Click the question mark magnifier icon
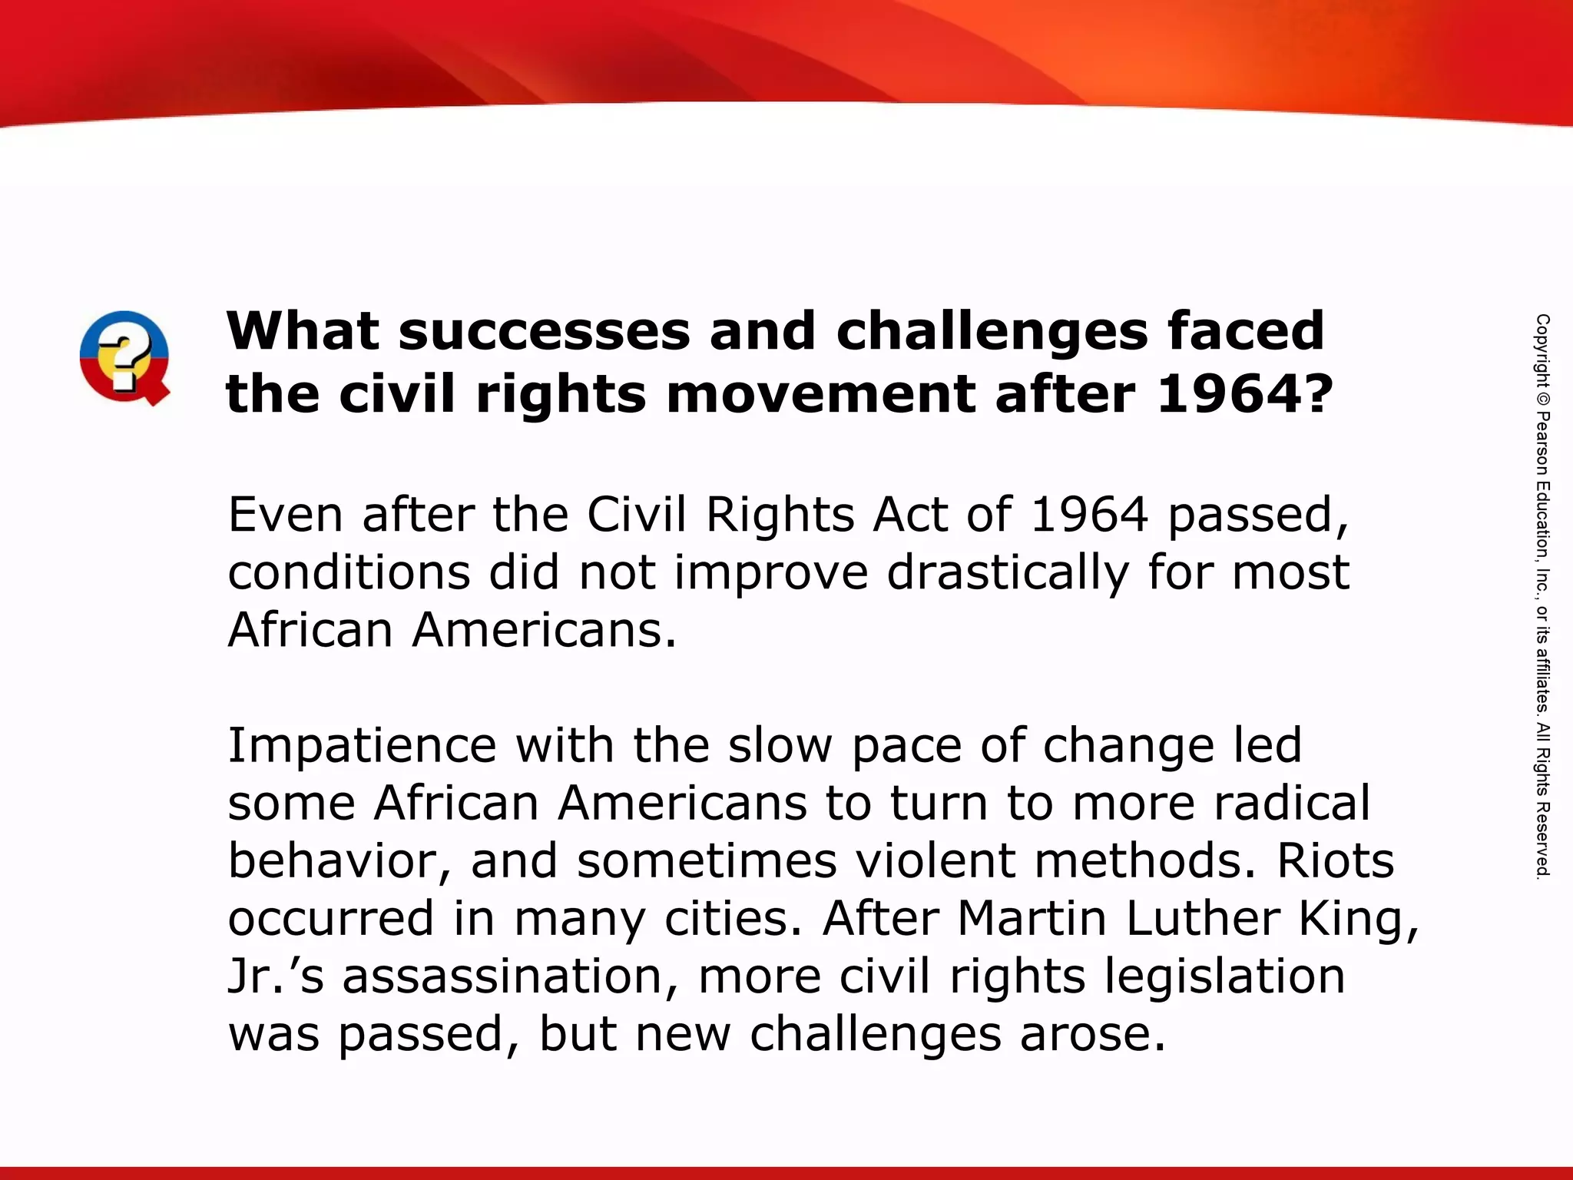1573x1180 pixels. pyautogui.click(x=124, y=357)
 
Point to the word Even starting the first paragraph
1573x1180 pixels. pyautogui.click(x=285, y=515)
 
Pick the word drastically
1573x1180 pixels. pyautogui.click(x=1008, y=573)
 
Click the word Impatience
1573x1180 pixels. pyautogui.click(x=362, y=747)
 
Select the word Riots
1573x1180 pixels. pyautogui.click(x=1335, y=861)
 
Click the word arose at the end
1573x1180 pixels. pyautogui.click(x=1092, y=1035)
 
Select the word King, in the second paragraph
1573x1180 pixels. pyautogui.click(x=1358, y=919)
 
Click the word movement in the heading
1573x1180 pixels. pyautogui.click(x=820, y=394)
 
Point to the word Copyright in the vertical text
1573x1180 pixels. pyautogui.click(x=1542, y=350)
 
